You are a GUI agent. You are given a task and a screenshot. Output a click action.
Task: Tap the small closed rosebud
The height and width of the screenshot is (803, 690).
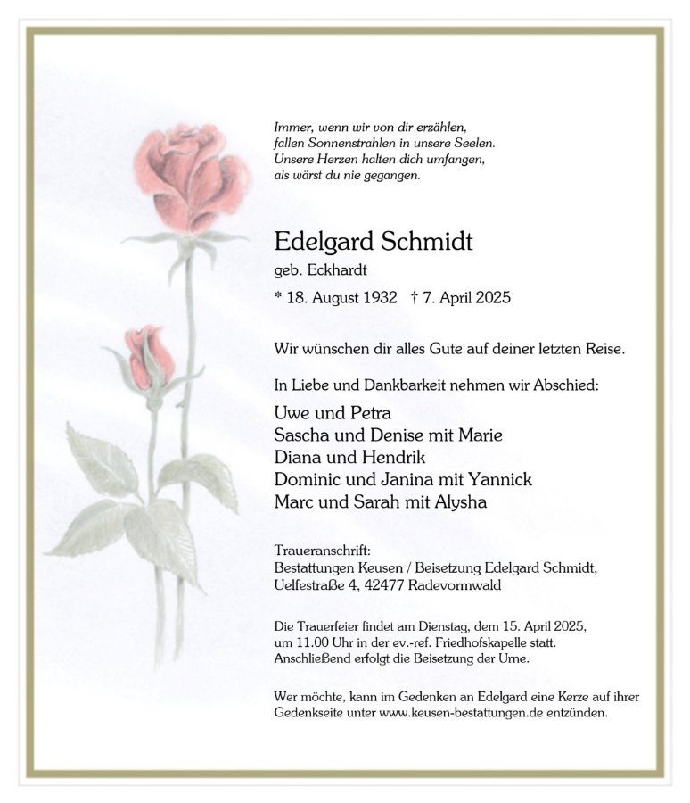click(x=150, y=357)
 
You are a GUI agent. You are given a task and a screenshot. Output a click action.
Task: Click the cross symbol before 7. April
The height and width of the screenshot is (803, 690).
click(x=415, y=297)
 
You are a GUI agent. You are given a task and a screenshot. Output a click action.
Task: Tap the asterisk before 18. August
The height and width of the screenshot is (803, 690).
click(x=278, y=296)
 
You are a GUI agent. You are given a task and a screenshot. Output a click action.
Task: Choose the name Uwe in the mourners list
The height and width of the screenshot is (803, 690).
click(x=291, y=413)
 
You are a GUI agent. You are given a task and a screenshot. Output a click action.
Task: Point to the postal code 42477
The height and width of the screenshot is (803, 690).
click(x=385, y=585)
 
